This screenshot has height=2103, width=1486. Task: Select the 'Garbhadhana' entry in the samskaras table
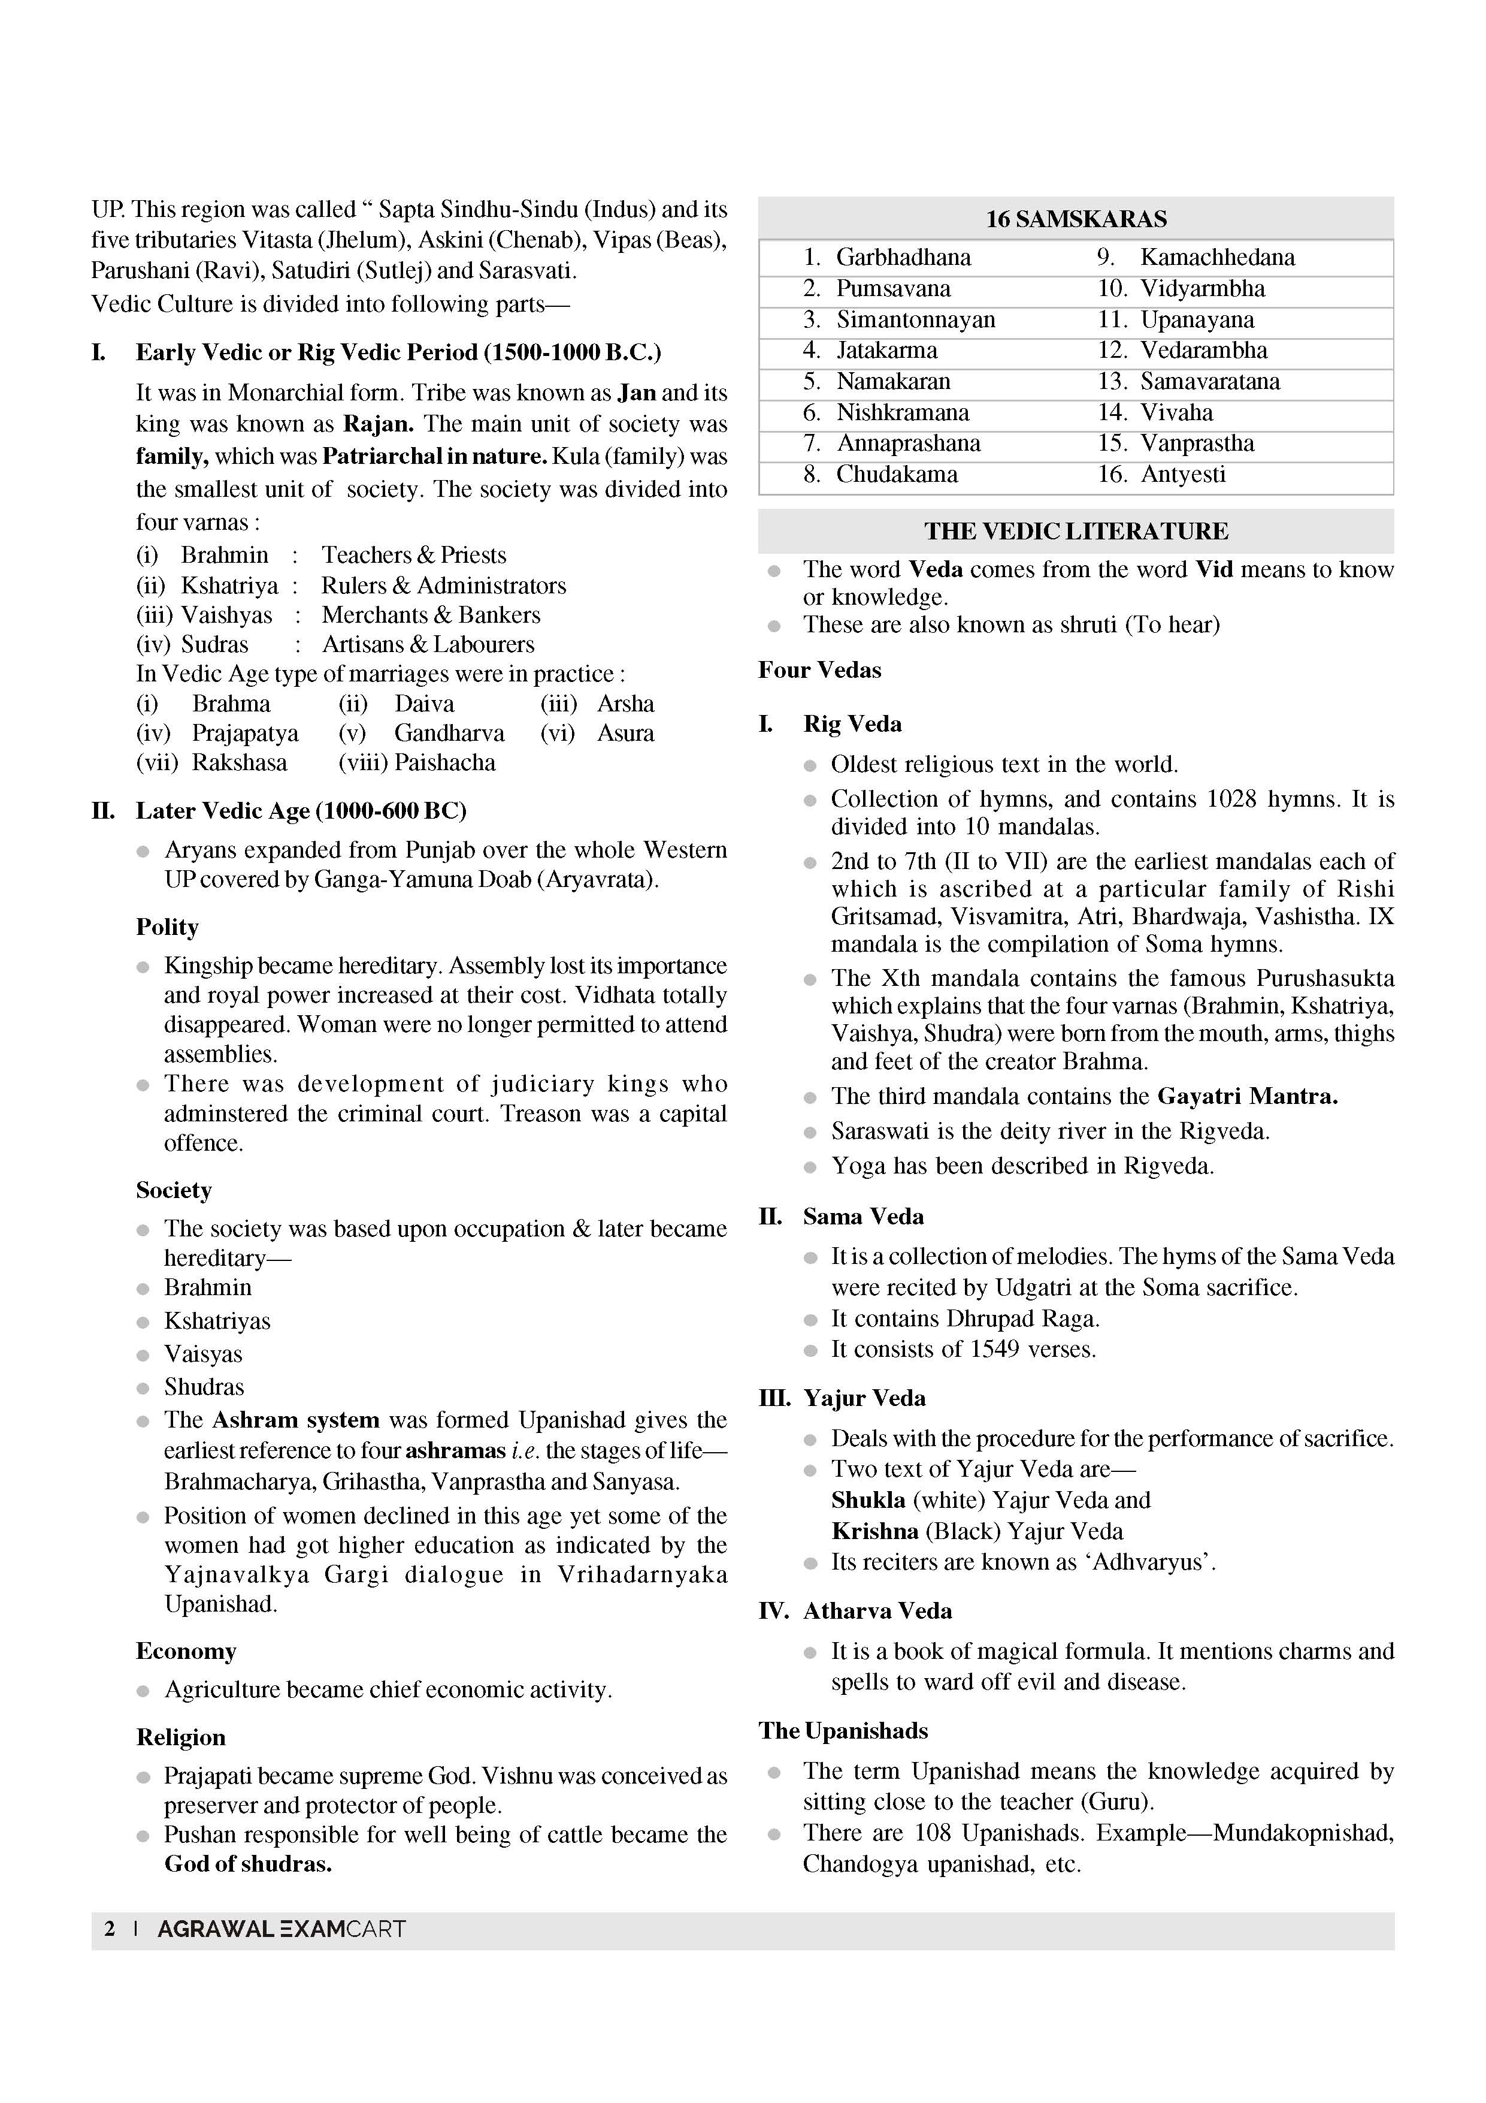[903, 257]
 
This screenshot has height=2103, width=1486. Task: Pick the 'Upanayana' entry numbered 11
[1197, 319]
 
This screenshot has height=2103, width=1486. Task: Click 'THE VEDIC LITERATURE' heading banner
[1075, 531]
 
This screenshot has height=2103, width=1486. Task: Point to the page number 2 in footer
[110, 1929]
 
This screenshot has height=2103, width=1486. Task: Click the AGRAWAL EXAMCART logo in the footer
[281, 1929]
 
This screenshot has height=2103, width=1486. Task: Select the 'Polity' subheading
[168, 927]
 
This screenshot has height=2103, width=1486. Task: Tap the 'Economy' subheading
[186, 1651]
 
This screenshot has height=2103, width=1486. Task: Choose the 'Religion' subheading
[180, 1737]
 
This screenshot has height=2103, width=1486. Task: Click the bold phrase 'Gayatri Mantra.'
[1247, 1096]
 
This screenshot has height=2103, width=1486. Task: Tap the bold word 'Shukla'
[868, 1500]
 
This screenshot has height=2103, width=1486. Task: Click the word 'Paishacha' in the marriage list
[444, 763]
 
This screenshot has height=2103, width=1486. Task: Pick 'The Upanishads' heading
[842, 1730]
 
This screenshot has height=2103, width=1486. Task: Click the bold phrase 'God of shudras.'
[248, 1864]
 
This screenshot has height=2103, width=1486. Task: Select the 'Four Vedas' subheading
[819, 671]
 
